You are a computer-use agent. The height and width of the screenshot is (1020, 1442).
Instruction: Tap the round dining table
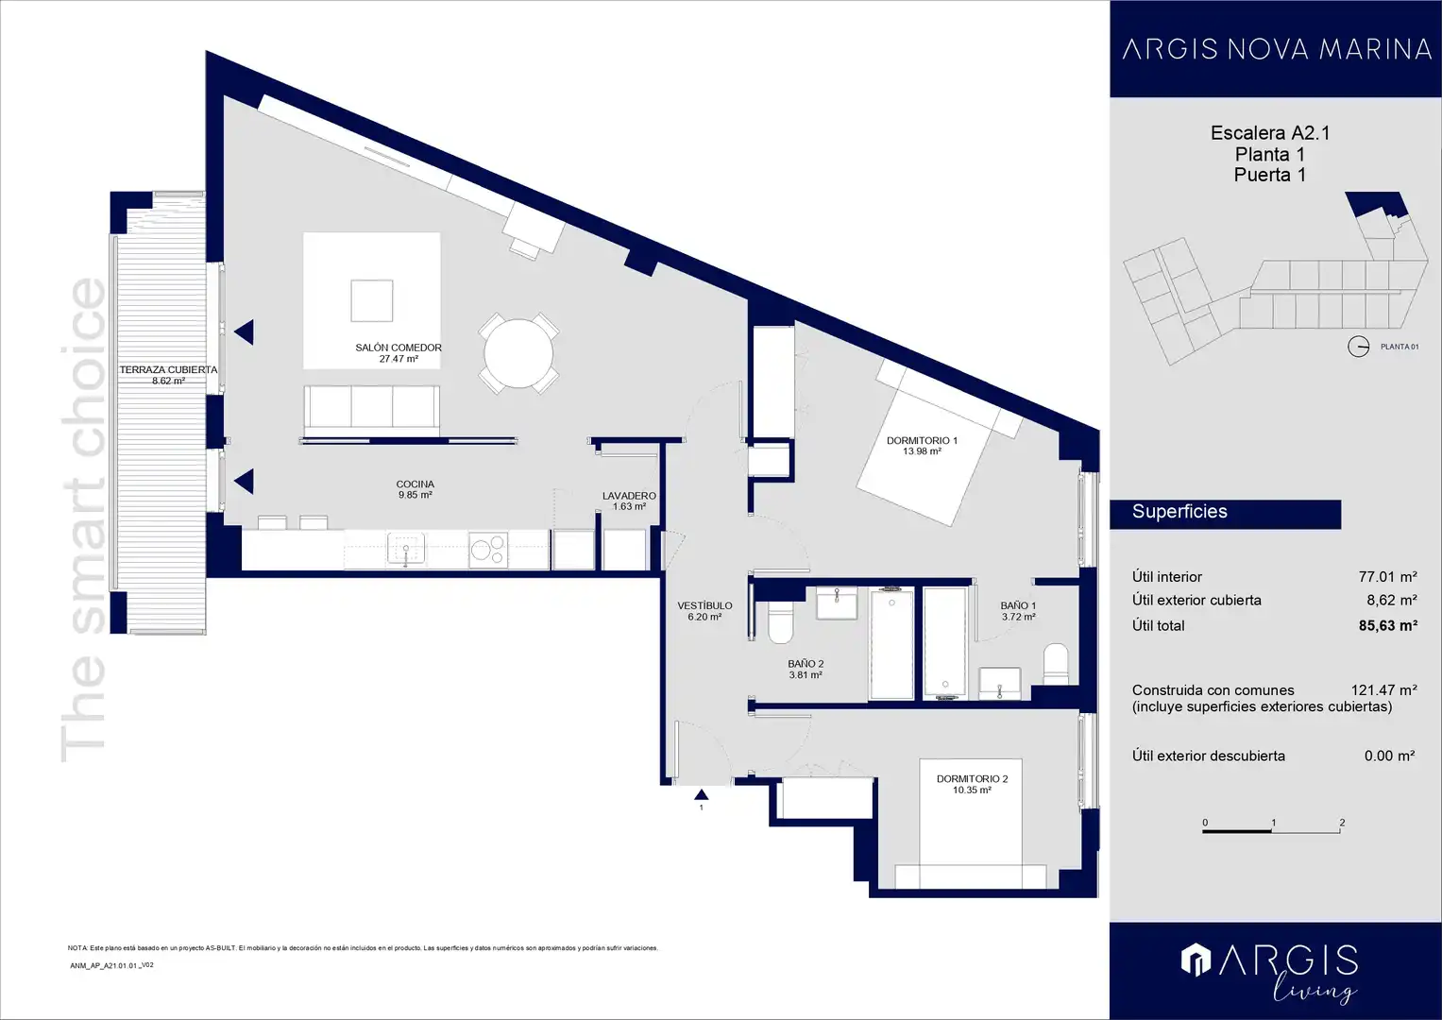518,354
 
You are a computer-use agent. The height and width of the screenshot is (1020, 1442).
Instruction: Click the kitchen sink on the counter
405,550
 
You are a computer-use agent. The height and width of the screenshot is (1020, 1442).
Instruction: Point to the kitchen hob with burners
488,550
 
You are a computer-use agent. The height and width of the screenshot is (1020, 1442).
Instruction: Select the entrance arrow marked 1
701,794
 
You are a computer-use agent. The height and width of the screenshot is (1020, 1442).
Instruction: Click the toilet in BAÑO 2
780,622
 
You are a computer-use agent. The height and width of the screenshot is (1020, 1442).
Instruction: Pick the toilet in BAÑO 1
1056,665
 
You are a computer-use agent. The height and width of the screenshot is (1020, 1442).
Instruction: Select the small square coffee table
372,300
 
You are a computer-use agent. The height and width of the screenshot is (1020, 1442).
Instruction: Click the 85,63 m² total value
1388,625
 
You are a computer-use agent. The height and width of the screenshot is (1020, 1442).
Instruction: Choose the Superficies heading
1180,511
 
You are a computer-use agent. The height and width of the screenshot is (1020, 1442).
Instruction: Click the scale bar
1271,831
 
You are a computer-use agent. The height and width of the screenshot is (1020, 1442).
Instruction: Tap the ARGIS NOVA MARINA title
1277,49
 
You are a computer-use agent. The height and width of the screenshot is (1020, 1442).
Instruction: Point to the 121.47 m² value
1384,690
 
